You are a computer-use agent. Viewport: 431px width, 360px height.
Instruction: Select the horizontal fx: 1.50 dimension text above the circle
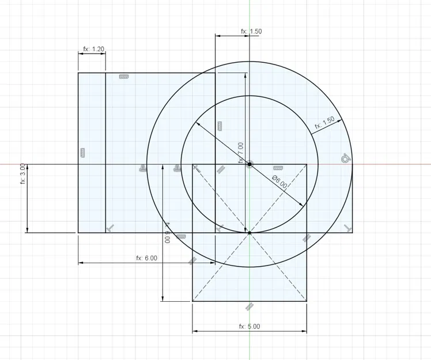click(x=251, y=32)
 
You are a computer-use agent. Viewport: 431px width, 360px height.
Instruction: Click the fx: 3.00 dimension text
click(x=22, y=173)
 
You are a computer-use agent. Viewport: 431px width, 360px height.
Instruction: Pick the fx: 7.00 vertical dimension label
click(x=241, y=153)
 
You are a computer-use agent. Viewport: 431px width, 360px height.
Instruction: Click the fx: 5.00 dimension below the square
click(x=249, y=326)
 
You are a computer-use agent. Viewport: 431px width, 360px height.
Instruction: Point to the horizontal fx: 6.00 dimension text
click(x=146, y=258)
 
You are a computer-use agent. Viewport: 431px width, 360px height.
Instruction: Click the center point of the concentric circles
click(x=249, y=164)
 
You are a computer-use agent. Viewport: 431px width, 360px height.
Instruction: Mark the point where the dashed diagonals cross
click(x=249, y=233)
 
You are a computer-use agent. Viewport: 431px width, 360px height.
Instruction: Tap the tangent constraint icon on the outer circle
click(x=345, y=158)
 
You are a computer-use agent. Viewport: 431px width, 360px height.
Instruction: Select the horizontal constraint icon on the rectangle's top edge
click(x=123, y=77)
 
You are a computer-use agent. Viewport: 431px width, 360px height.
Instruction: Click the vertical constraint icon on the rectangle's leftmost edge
click(x=82, y=153)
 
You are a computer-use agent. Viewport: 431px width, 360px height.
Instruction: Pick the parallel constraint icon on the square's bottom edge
click(x=249, y=305)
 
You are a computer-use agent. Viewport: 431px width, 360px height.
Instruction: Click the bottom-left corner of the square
click(x=192, y=301)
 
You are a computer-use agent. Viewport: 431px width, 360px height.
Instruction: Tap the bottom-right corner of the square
click(x=307, y=301)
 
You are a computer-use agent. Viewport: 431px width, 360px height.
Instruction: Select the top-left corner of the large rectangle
click(x=78, y=73)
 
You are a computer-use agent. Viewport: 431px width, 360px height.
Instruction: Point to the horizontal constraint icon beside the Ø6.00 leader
click(x=279, y=168)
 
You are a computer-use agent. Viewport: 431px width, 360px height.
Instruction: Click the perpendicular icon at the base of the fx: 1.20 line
click(x=110, y=228)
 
